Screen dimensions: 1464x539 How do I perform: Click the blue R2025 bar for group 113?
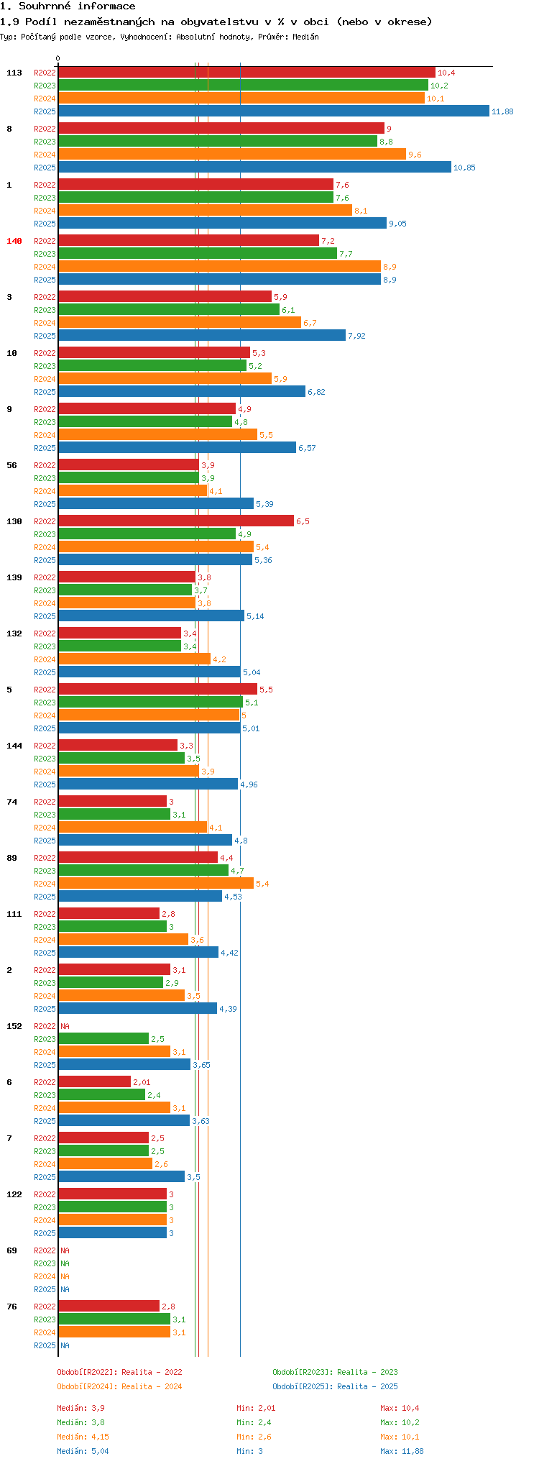click(x=273, y=111)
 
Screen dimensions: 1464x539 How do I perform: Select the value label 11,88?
click(x=502, y=111)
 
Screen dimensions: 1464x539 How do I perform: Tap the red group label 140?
click(x=14, y=241)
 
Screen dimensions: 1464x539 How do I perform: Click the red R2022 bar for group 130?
click(x=176, y=521)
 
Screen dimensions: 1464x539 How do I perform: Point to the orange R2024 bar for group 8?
click(x=231, y=155)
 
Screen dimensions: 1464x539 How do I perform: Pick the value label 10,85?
click(x=464, y=168)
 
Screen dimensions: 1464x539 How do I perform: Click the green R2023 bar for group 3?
click(x=169, y=310)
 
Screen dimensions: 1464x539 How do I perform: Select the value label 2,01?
click(x=142, y=1082)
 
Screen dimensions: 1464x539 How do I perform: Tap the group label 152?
click(x=14, y=1026)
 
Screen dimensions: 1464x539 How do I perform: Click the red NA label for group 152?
click(x=65, y=1026)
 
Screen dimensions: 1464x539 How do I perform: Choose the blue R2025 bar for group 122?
click(x=112, y=1233)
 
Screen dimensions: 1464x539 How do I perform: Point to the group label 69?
click(x=11, y=1250)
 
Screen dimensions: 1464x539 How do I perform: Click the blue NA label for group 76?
click(x=65, y=1345)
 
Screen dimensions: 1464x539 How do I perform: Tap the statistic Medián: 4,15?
click(x=83, y=1437)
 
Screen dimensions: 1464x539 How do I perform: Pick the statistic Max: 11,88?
click(x=402, y=1451)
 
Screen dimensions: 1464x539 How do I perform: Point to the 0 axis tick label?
click(x=58, y=58)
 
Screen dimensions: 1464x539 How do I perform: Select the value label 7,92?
click(x=356, y=336)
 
